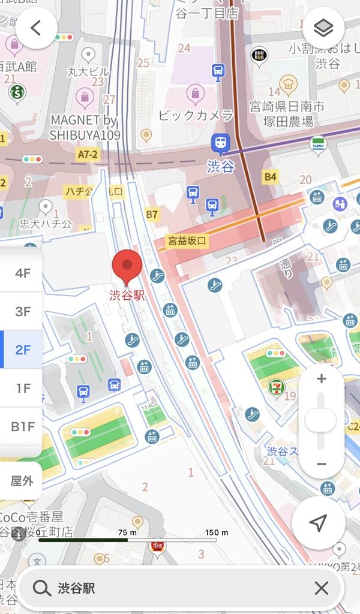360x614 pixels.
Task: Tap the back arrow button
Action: click(x=37, y=28)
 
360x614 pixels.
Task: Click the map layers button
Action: click(x=323, y=28)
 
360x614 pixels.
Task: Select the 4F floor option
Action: click(x=23, y=273)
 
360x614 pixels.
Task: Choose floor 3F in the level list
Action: click(x=23, y=311)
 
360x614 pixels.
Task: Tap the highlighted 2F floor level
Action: click(x=23, y=350)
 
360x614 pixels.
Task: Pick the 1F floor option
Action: click(x=23, y=388)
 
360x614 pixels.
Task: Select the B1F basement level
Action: click(x=23, y=426)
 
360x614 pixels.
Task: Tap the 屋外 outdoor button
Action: click(x=22, y=480)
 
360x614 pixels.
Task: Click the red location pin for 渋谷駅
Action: click(x=127, y=266)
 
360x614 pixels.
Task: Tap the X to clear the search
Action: click(x=322, y=588)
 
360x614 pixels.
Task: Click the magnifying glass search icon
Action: click(x=41, y=588)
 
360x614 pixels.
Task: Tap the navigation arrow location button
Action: click(x=318, y=522)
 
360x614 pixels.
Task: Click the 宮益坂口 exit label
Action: click(x=187, y=241)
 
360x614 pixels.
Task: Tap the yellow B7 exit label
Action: click(x=152, y=214)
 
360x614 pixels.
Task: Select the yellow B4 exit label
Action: click(x=271, y=176)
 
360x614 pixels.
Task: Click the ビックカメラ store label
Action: click(x=196, y=115)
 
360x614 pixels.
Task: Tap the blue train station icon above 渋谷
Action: click(x=220, y=143)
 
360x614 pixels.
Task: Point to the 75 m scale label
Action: click(x=127, y=532)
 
